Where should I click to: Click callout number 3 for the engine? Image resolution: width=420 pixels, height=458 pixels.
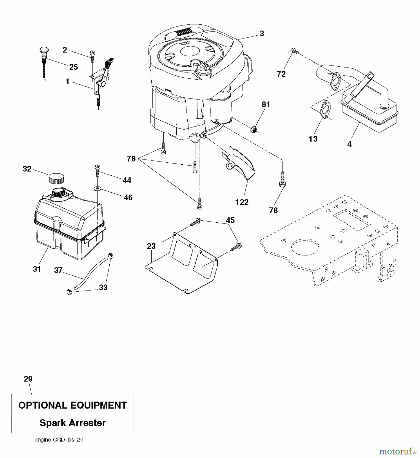262,34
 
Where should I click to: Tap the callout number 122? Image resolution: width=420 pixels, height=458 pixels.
242,202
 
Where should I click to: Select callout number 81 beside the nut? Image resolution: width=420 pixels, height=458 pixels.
266,105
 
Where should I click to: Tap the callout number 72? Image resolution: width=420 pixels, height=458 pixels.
281,74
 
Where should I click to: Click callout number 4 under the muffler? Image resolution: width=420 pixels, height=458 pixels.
349,144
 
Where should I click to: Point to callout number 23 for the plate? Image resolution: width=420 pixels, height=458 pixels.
151,246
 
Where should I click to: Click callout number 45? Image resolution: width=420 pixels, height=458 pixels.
230,220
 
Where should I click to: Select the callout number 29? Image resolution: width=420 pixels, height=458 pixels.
28,379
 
